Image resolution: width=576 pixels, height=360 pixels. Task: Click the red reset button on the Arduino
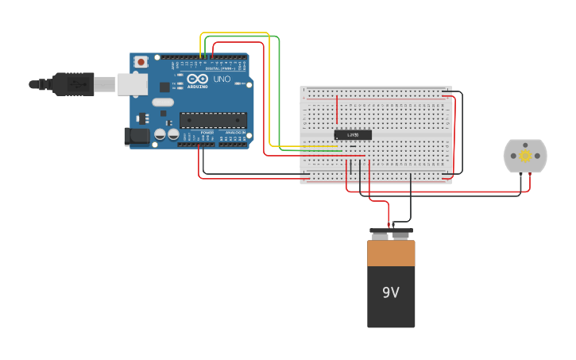pos(141,61)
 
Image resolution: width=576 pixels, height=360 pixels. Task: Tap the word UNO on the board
pos(222,79)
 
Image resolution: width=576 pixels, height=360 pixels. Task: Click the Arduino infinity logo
pos(198,79)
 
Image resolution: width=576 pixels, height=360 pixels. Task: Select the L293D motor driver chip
pos(353,135)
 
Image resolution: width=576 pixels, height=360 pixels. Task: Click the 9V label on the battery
pos(390,292)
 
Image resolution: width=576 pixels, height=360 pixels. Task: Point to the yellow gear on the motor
pos(525,156)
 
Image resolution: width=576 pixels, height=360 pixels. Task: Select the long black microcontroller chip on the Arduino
pos(213,120)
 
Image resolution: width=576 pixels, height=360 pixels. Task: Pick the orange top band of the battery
pos(391,254)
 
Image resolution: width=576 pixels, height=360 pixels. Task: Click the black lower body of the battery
pos(391,306)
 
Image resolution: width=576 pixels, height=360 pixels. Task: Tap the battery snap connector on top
pos(391,234)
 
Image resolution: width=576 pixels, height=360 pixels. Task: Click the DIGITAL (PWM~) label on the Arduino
pos(218,68)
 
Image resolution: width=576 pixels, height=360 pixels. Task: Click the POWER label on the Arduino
pos(207,132)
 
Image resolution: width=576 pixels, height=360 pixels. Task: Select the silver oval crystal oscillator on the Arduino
pos(162,102)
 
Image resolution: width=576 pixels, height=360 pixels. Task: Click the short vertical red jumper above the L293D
pos(337,109)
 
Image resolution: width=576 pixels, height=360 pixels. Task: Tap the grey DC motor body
pos(525,156)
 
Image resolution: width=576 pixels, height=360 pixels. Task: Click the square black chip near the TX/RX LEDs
pos(164,87)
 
